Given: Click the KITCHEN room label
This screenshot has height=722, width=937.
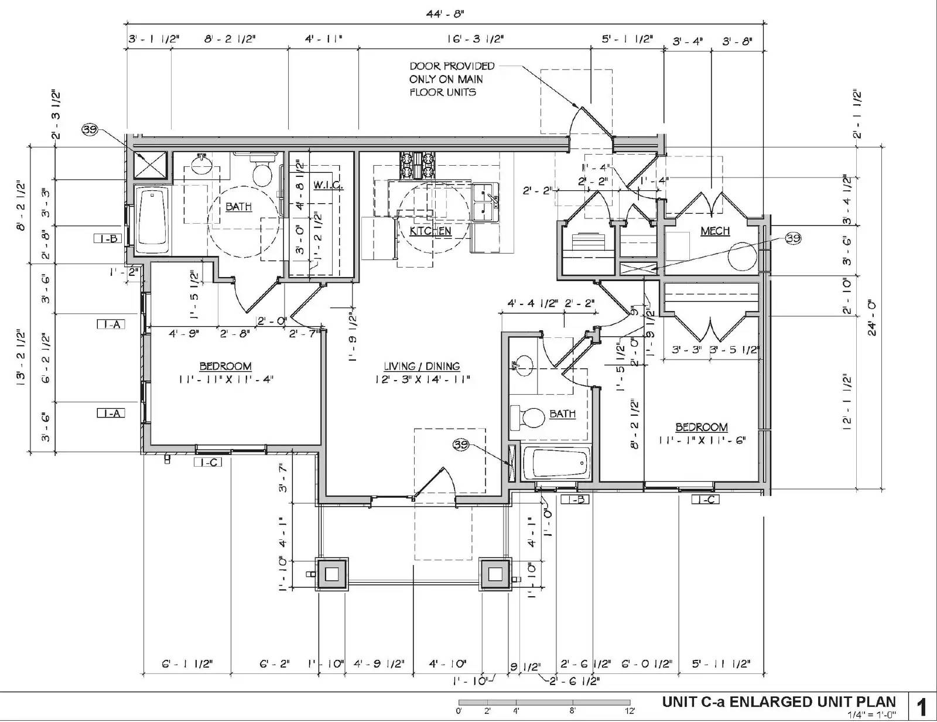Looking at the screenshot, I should [x=430, y=231].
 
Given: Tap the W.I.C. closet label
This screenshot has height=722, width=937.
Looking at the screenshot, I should [x=327, y=185].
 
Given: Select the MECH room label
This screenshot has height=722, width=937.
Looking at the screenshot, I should [x=715, y=231].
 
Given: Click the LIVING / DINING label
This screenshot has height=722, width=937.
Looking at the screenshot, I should [x=422, y=366].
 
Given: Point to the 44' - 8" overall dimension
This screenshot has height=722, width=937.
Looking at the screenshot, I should [x=445, y=12].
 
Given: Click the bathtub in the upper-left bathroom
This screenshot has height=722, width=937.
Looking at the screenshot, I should [x=152, y=220].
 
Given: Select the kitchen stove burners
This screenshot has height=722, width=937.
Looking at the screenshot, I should [x=418, y=166].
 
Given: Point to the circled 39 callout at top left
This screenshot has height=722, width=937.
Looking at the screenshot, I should [x=90, y=130].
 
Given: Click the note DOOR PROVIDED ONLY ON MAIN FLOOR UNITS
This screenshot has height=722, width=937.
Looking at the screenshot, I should [x=451, y=79].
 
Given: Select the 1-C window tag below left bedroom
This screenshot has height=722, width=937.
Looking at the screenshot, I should [x=208, y=463].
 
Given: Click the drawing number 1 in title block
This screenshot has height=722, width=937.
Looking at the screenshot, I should [x=922, y=707].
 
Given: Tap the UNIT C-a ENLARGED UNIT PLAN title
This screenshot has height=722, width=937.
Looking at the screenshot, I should [x=778, y=702].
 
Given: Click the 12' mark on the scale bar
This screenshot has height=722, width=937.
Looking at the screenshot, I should [x=630, y=711].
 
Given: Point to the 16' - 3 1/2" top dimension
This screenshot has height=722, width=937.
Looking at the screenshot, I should [x=475, y=39].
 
